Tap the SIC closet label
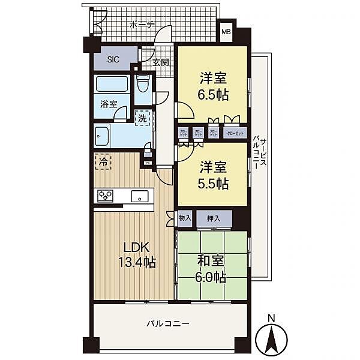click(114, 59)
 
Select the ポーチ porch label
click(142, 25)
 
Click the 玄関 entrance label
click(160, 62)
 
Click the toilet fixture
click(142, 83)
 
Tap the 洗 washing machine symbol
click(143, 118)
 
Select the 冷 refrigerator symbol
click(103, 161)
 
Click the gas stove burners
click(106, 196)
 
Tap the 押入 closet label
click(213, 218)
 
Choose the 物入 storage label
click(184, 218)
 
